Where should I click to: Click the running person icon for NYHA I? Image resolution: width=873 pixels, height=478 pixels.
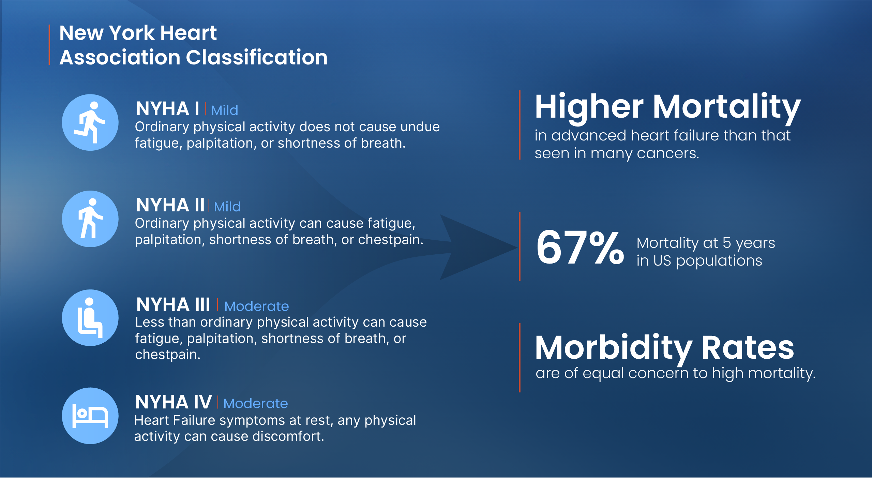pyautogui.click(x=90, y=122)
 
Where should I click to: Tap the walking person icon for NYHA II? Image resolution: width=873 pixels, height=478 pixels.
pyautogui.click(x=90, y=219)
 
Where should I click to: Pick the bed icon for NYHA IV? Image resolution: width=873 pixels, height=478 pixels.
pyautogui.click(x=90, y=416)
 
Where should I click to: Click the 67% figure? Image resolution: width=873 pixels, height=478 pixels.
pyautogui.click(x=580, y=248)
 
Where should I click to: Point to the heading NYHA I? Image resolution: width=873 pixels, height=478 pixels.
pyautogui.click(x=167, y=109)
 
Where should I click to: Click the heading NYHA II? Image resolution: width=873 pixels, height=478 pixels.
pyautogui.click(x=170, y=205)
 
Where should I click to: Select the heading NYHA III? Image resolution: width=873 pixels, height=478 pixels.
pyautogui.click(x=173, y=304)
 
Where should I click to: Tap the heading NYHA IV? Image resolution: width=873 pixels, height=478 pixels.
pyautogui.click(x=174, y=402)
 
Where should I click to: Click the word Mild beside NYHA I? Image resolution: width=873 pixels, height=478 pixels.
pyautogui.click(x=225, y=110)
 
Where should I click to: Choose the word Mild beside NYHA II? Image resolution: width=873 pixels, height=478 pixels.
pyautogui.click(x=227, y=207)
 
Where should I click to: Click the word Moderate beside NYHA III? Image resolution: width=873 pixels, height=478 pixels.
pyautogui.click(x=257, y=307)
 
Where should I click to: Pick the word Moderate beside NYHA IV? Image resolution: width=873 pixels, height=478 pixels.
pyautogui.click(x=256, y=404)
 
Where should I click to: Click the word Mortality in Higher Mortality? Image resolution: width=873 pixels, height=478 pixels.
pyautogui.click(x=726, y=108)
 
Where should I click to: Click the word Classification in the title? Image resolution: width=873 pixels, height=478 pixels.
pyautogui.click(x=257, y=57)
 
